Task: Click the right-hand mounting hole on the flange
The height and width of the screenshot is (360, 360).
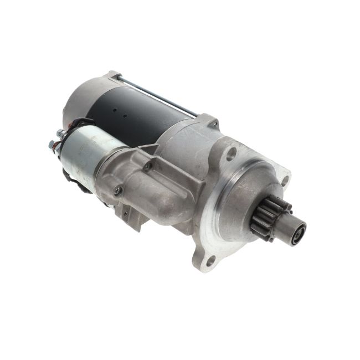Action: tap(285, 181)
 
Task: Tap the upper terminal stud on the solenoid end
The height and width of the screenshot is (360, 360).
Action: tap(60, 133)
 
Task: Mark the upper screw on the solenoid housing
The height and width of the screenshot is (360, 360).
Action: tap(147, 164)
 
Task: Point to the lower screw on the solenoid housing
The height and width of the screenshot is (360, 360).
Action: tap(117, 191)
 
